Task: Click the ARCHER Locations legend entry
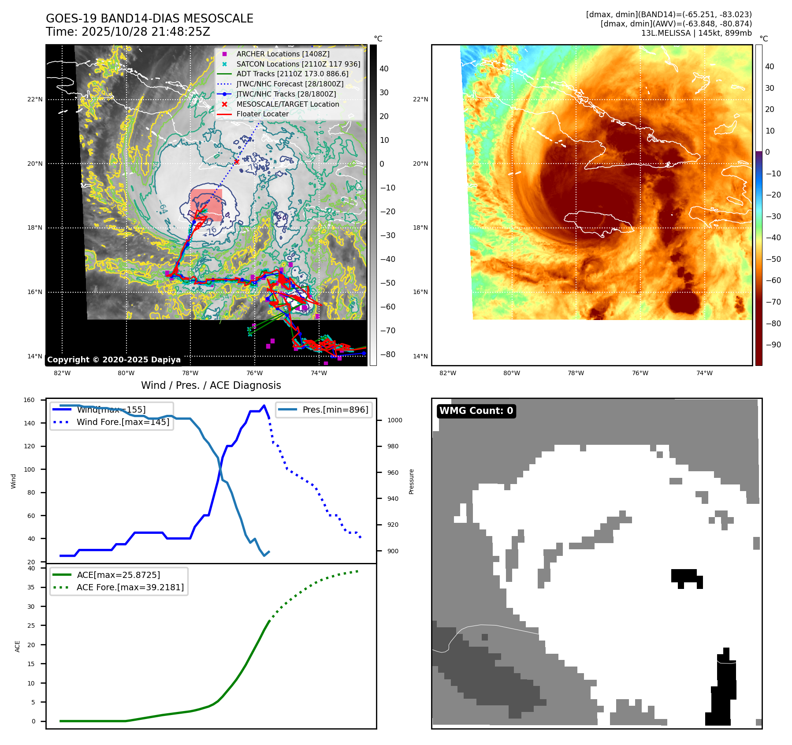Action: tap(283, 54)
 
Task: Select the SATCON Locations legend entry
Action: tap(298, 64)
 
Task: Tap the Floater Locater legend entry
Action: tap(262, 114)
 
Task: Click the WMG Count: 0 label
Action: tap(476, 411)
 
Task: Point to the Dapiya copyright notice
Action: tap(114, 360)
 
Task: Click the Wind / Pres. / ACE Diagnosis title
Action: tap(211, 385)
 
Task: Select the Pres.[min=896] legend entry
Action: tap(335, 410)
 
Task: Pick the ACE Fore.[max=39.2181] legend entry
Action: tap(130, 587)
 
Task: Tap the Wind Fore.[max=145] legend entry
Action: tap(123, 422)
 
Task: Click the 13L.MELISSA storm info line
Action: tap(696, 33)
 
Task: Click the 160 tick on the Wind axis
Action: tap(29, 400)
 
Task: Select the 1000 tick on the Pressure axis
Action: tap(394, 420)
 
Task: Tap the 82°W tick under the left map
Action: tap(62, 373)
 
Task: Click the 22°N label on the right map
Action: tap(420, 99)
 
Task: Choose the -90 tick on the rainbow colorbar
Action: tap(773, 345)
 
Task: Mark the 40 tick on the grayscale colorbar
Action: tap(384, 68)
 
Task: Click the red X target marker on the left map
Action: tap(237, 162)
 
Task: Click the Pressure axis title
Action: tap(411, 481)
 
